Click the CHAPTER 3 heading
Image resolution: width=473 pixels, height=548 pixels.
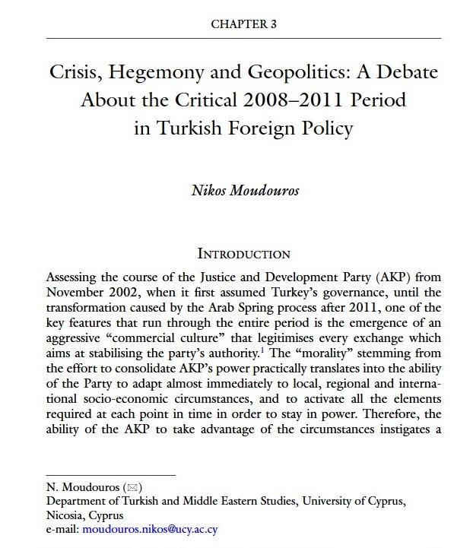pos(243,24)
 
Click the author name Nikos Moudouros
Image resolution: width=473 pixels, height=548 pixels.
pos(244,189)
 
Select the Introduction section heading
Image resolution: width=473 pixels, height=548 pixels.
pos(243,253)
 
